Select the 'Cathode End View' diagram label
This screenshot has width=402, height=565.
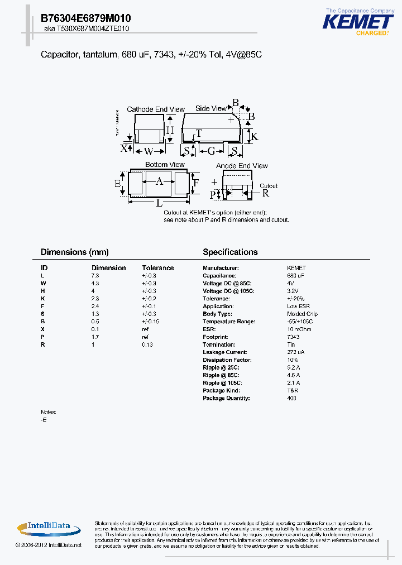coord(148,109)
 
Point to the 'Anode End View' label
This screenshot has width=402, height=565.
coord(242,166)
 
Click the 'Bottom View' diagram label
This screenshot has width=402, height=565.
coord(165,165)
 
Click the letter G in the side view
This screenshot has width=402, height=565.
coord(211,151)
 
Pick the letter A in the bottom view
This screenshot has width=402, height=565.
coord(159,181)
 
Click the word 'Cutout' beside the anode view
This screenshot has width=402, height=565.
coord(269,186)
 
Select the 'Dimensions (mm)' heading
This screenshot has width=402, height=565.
coord(75,252)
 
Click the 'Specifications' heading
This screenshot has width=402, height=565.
coord(230,252)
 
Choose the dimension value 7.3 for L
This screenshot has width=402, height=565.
coord(95,276)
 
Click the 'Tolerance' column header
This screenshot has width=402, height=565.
coord(158,268)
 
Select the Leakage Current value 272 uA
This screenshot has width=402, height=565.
coord(295,352)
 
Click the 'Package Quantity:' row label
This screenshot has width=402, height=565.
coord(226,398)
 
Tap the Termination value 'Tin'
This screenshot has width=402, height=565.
coord(291,344)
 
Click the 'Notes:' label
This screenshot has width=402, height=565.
coord(49,412)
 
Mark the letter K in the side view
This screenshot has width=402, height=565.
coord(253,136)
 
